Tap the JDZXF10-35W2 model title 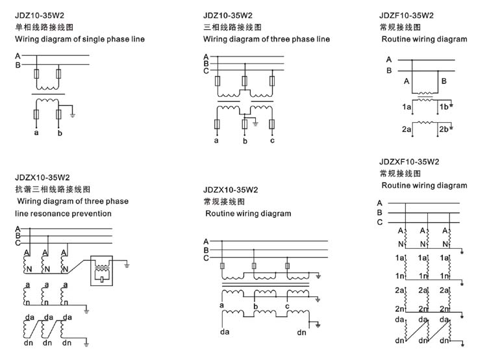click(410, 161)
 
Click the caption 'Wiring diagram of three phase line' click(266, 39)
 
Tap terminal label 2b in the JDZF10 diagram click(444, 129)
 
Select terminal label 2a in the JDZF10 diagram click(406, 129)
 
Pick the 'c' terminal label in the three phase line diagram click(273, 140)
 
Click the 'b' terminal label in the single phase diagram click(60, 133)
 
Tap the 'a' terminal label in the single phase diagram click(36, 133)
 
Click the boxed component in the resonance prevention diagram click(103, 269)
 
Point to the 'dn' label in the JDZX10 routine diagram click(302, 333)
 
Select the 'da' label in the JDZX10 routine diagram click(224, 333)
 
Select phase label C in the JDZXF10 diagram click(380, 222)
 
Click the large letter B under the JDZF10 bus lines click(443, 81)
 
